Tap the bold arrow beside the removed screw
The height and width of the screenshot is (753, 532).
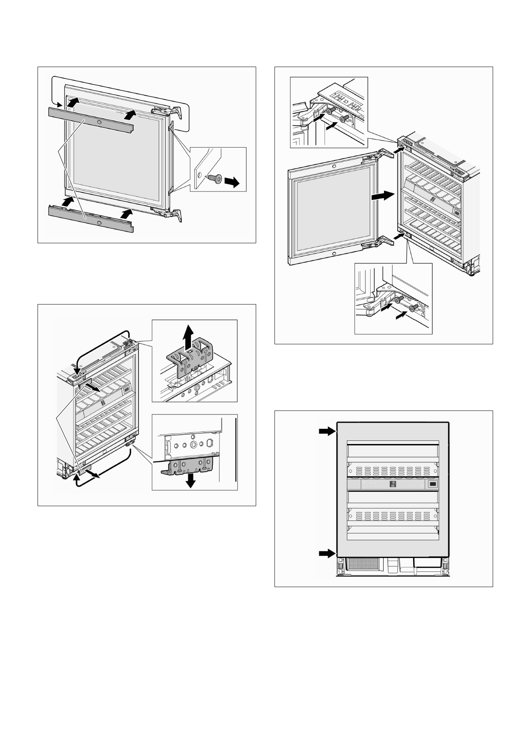[232, 182]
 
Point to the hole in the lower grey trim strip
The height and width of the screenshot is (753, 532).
[99, 222]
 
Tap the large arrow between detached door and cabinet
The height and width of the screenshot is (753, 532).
[383, 195]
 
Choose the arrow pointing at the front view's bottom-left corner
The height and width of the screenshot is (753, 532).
[327, 554]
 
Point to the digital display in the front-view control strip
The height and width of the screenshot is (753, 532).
[393, 485]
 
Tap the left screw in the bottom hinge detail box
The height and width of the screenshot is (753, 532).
[399, 298]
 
